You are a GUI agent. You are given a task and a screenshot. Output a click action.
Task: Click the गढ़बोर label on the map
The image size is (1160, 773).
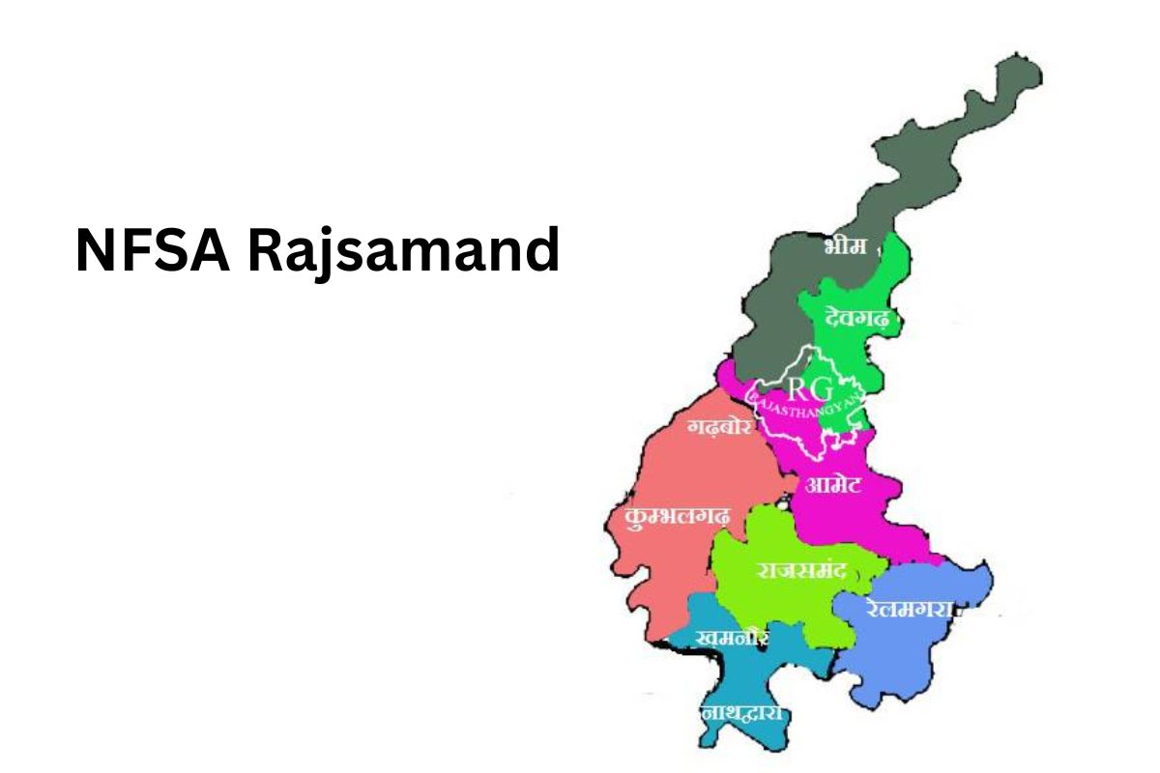pos(719,427)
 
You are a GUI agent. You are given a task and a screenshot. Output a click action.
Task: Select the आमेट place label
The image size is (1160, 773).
pos(833,484)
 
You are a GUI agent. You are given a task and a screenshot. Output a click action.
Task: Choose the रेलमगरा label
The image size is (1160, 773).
pos(910,609)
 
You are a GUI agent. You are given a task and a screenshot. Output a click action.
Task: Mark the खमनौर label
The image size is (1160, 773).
pos(732,638)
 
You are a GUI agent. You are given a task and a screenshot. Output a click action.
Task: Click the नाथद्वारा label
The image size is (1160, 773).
pos(741,714)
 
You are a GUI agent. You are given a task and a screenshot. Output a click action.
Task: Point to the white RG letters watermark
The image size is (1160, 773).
pos(808,389)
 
